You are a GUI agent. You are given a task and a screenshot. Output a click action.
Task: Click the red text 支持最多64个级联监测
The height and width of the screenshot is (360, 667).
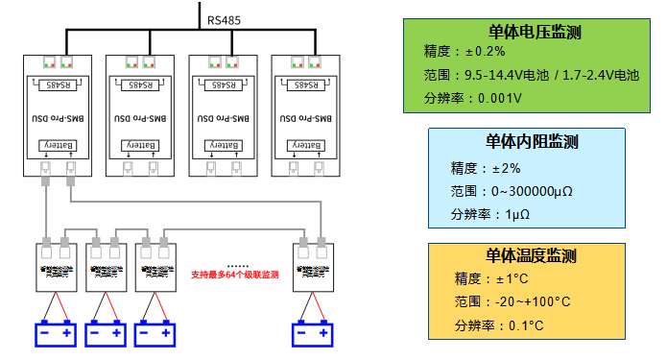point(235,275)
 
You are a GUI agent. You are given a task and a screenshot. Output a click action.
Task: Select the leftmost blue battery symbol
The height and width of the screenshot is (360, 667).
point(56,333)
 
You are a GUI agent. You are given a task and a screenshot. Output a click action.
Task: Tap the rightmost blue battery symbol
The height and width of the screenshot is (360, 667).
point(314,333)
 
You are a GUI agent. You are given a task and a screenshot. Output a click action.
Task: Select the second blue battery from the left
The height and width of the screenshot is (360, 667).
point(106,333)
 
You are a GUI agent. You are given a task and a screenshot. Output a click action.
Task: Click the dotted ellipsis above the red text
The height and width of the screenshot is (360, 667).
point(237,264)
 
